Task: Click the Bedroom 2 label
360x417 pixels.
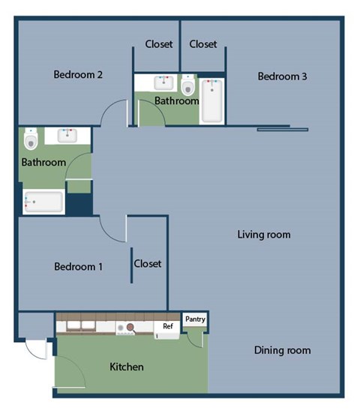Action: coord(78,74)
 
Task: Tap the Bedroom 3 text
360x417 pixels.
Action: coord(282,76)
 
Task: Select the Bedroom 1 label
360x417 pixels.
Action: coord(78,266)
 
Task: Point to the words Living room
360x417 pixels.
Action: coord(263,235)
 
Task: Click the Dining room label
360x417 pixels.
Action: coord(281,350)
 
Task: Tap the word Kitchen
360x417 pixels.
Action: coord(127,367)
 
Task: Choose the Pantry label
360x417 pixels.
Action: coord(195,319)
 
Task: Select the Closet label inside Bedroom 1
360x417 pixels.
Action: coord(148,263)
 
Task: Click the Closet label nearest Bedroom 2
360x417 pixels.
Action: coord(158,44)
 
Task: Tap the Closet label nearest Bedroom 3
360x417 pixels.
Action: coord(203,44)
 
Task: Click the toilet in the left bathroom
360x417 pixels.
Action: coord(31,139)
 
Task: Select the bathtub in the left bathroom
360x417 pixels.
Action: coord(43,202)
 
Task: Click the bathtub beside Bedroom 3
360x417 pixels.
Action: coord(212,102)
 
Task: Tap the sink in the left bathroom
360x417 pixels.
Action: coord(67,136)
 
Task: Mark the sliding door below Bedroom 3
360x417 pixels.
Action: coord(283,129)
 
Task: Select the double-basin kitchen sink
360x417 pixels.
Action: coord(80,327)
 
